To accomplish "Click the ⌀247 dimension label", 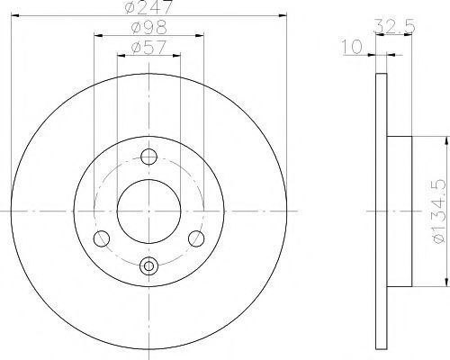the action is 149,6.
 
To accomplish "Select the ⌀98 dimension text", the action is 149,27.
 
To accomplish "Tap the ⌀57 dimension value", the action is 148,47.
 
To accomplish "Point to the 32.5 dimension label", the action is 394,26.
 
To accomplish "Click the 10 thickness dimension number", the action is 352,47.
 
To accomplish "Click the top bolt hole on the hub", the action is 148,157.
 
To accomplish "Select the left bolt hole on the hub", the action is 102,238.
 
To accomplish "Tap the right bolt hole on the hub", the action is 196,238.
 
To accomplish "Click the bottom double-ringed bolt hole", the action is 148,265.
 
